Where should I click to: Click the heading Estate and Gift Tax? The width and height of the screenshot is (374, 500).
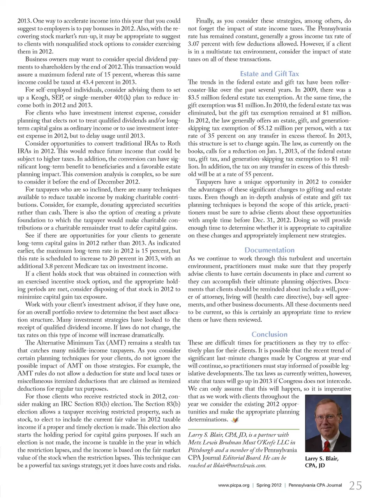pos(269,74)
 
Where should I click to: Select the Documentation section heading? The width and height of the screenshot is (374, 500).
pos(269,250)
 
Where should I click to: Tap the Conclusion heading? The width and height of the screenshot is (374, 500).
pos(269,334)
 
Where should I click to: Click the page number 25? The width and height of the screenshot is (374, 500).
pos(355,485)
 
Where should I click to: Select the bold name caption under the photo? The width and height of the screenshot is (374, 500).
pos(322,462)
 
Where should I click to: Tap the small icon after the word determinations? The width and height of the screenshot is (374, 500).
pos(235,420)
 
